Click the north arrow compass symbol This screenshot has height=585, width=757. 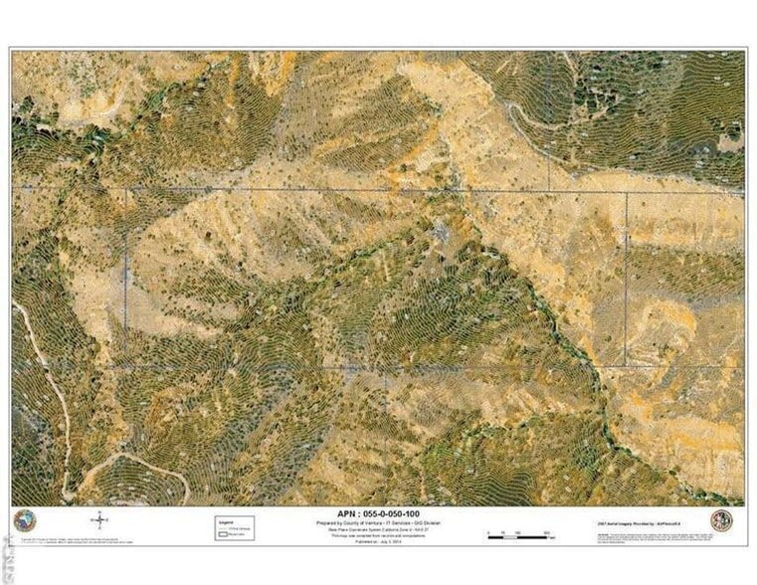pyautogui.click(x=99, y=520)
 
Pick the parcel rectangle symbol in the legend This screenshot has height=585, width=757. pyautogui.click(x=225, y=533)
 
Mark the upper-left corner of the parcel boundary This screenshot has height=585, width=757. pyautogui.click(x=126, y=190)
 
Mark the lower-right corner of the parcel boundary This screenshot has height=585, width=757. pyautogui.click(x=626, y=365)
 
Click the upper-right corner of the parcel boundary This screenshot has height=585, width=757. pyautogui.click(x=626, y=192)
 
